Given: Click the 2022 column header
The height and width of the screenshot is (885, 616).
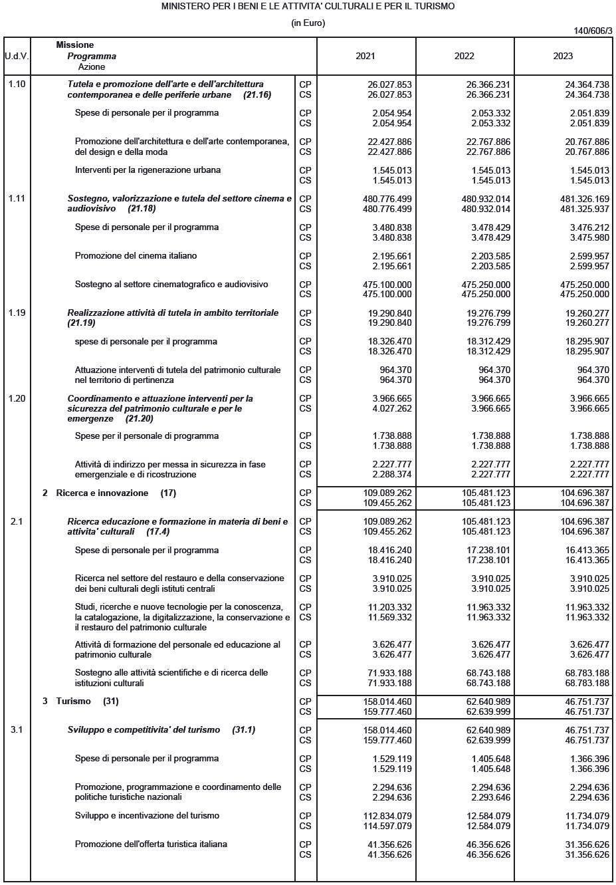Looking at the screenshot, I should tap(464, 56).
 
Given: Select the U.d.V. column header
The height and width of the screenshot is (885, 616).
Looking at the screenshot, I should tap(17, 56).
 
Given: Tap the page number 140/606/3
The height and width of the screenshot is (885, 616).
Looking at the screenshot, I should tap(593, 31).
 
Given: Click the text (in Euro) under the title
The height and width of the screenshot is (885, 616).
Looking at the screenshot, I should tap(308, 23).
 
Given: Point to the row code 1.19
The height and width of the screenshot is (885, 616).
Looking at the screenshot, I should tap(17, 313).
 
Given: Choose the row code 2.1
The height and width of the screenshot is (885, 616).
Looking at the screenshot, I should tap(17, 522).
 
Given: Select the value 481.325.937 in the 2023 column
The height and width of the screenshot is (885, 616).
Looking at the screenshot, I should tap(585, 209).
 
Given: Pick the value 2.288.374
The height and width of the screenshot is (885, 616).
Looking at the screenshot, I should tap(392, 475).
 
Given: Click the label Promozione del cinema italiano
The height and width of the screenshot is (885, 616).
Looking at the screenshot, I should tap(136, 256).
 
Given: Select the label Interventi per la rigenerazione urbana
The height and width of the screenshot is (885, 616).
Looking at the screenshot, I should tap(148, 170).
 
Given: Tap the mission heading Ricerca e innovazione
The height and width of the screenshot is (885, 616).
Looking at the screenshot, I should tap(102, 493).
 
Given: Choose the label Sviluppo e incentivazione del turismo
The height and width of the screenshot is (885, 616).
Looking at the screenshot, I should tap(147, 816).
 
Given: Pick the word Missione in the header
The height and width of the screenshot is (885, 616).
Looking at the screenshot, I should tap(75, 45).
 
